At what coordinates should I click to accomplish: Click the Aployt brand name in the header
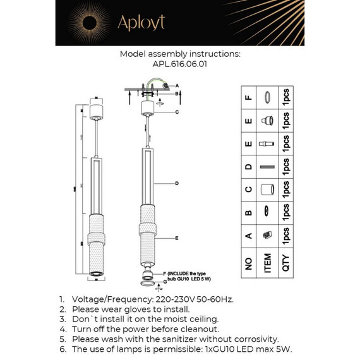point(141,23)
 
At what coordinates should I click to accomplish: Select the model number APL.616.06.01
point(180,64)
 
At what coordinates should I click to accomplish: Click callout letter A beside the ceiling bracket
point(177,85)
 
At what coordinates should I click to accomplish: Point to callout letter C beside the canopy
point(177,112)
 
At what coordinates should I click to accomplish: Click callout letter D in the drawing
point(177,183)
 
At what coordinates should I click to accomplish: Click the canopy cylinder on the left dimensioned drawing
point(96,111)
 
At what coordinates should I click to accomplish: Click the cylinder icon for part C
point(267,188)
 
